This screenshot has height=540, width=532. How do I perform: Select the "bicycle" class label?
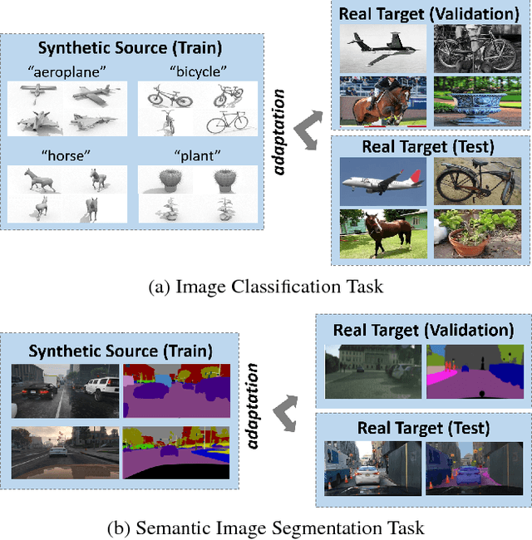point(189,71)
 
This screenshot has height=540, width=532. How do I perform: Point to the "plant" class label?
point(189,156)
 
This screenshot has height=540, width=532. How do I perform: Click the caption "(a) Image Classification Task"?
point(265,287)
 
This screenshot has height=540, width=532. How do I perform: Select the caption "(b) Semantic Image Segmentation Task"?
point(265,528)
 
